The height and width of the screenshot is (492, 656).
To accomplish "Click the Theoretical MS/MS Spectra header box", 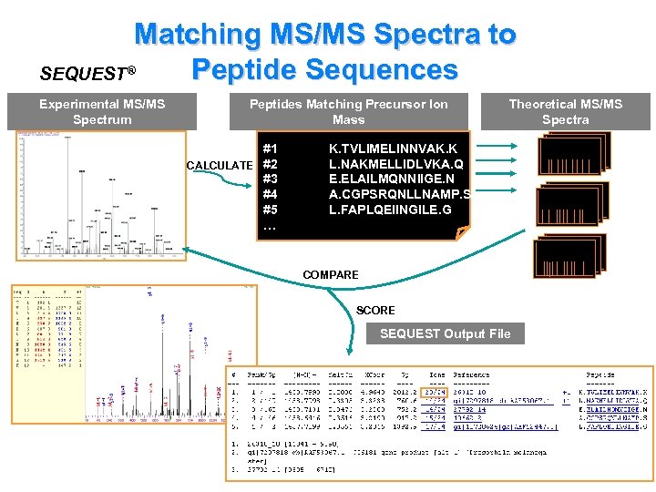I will pyautogui.click(x=565, y=112).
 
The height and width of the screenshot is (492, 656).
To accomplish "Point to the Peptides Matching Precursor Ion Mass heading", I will pyautogui.click(x=349, y=112).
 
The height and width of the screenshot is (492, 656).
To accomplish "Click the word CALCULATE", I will pyautogui.click(x=219, y=165).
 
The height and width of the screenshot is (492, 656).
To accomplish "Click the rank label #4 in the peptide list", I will pyautogui.click(x=271, y=195).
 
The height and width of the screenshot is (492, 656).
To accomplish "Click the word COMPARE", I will pyautogui.click(x=331, y=274).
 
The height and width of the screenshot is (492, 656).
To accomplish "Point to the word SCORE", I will pyautogui.click(x=375, y=310).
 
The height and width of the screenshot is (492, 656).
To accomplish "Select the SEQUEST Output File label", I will pyautogui.click(x=445, y=333).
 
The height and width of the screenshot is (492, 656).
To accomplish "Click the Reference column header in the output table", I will pyautogui.click(x=471, y=374).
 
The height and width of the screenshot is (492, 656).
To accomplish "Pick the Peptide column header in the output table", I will pyautogui.click(x=600, y=374).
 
